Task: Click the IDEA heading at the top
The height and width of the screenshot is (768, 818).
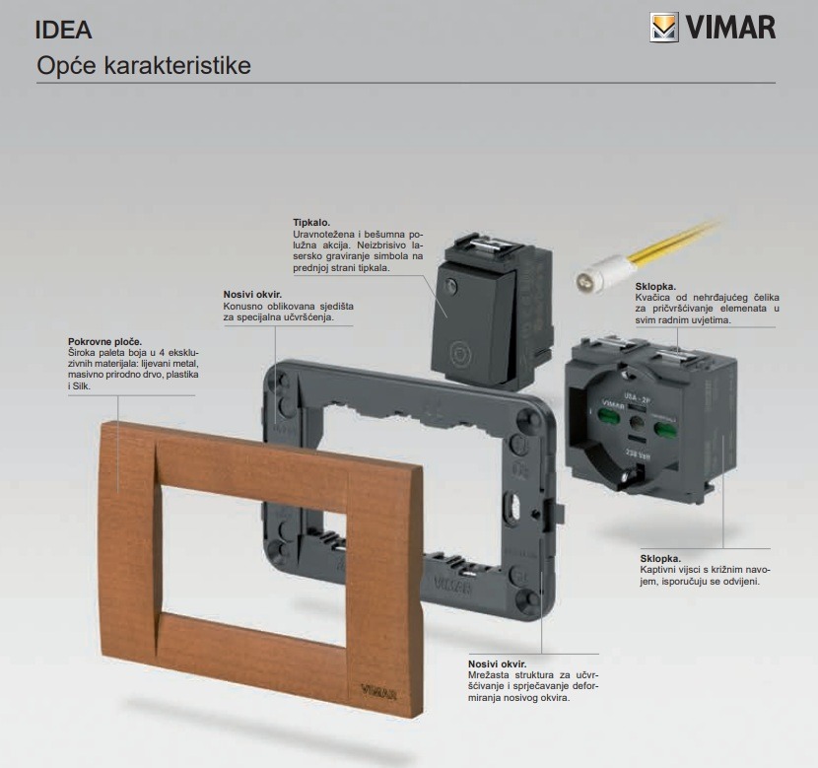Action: tap(63, 30)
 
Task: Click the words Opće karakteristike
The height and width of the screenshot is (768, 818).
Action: tap(143, 66)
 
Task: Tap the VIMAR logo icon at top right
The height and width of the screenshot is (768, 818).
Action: tap(664, 27)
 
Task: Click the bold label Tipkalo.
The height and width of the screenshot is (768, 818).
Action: tap(311, 223)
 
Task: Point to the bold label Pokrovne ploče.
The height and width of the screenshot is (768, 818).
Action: tap(104, 341)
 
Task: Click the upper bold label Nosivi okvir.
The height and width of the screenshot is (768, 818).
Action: tap(252, 295)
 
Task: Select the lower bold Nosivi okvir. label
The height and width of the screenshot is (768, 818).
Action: tap(497, 663)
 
